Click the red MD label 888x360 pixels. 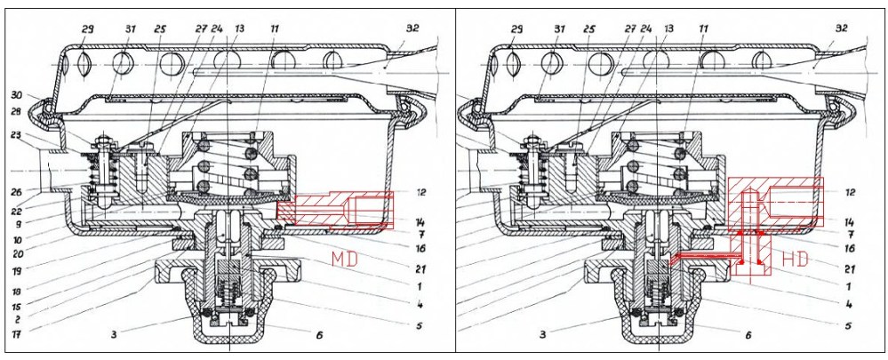(344, 259)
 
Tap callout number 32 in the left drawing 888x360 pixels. (412, 28)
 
